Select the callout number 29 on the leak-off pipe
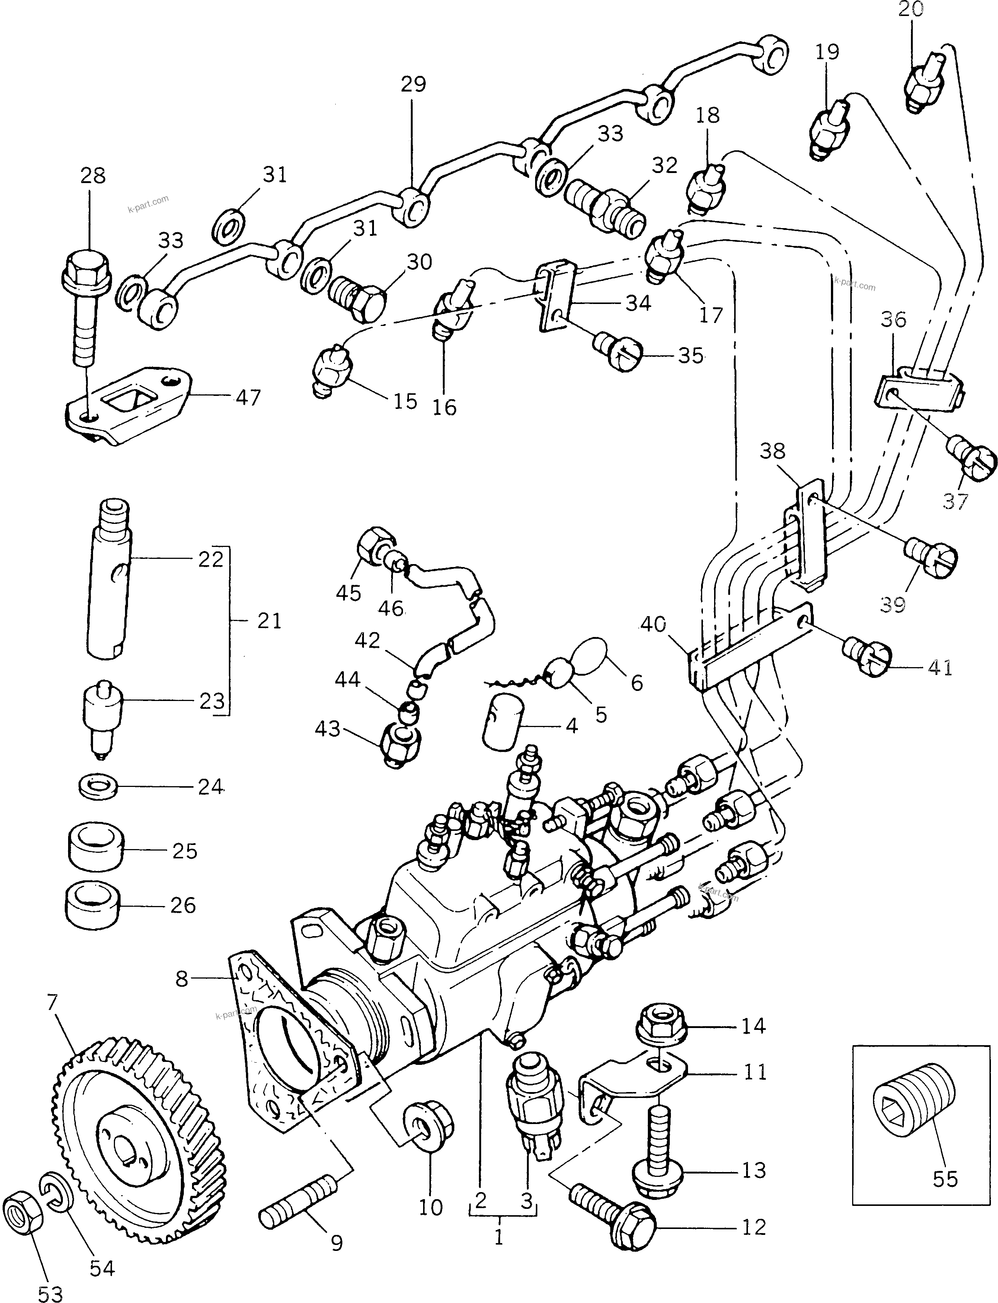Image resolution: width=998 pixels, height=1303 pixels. coord(413,84)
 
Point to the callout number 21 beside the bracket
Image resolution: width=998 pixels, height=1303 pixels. coord(269,621)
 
